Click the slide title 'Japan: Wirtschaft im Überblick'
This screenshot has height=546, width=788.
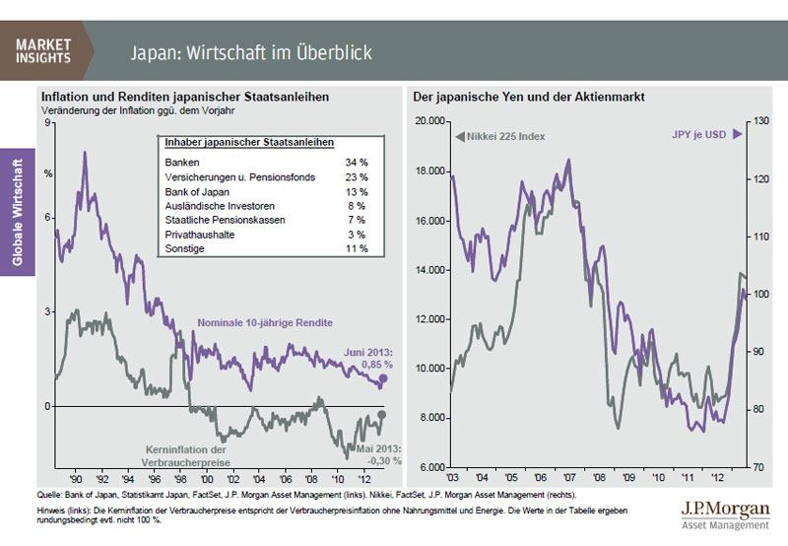(252, 50)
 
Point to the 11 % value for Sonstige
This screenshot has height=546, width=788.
(357, 249)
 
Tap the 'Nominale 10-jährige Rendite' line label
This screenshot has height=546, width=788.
(265, 323)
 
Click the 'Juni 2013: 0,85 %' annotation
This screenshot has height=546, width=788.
(368, 358)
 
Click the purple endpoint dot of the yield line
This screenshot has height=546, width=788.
(383, 378)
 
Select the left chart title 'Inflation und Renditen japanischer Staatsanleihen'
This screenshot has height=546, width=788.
(184, 98)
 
